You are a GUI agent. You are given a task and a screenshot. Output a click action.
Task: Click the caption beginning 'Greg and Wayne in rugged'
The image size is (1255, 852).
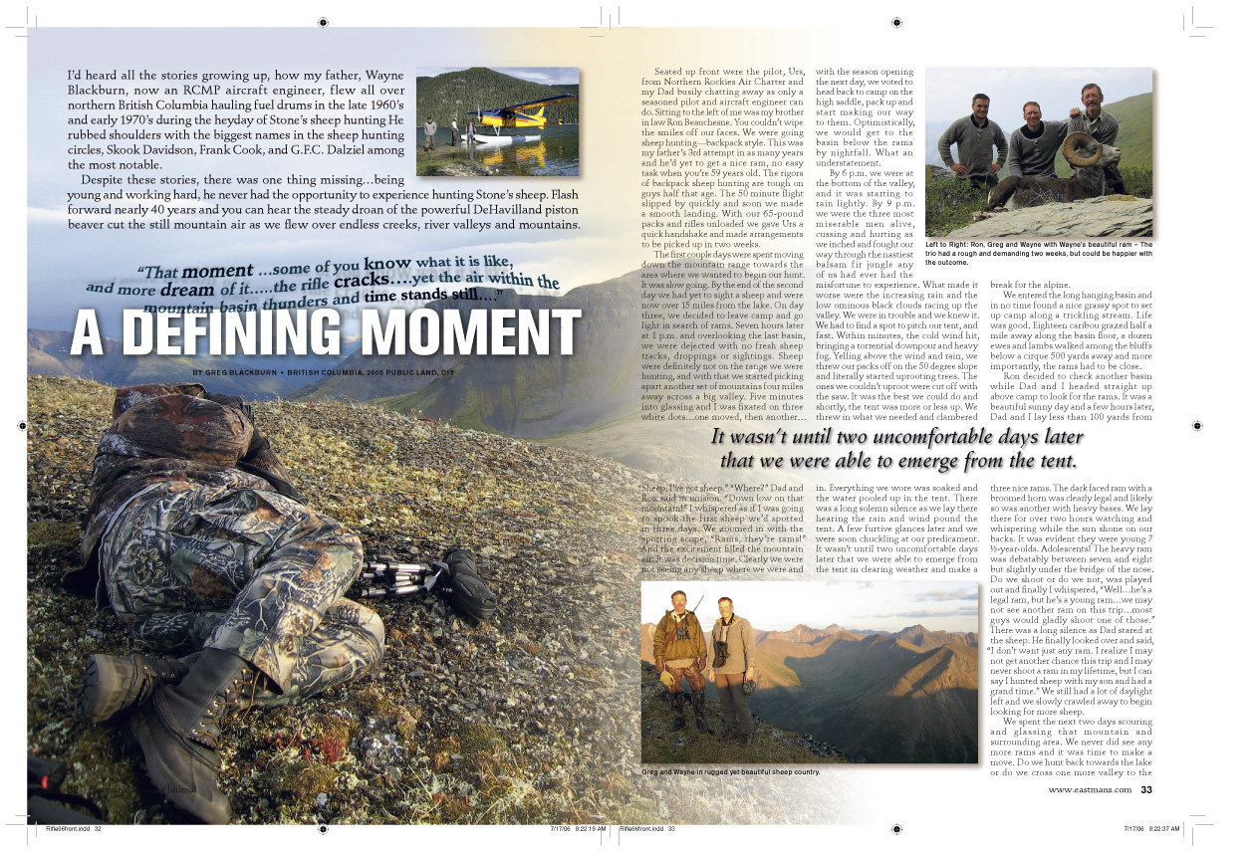730,771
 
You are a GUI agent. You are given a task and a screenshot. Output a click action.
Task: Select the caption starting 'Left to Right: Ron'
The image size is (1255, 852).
1039,253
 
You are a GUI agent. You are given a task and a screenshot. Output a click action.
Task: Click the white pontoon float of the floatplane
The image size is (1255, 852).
498,137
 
